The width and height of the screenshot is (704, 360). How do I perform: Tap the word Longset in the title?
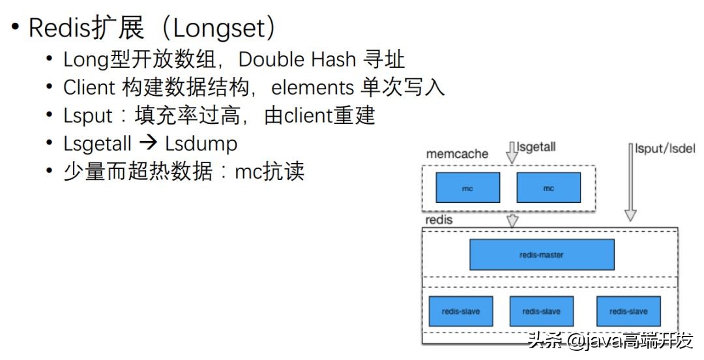coord(219,29)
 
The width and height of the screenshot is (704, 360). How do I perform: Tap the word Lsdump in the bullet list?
coord(201,143)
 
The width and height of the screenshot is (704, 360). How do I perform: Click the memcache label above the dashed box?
coord(457,154)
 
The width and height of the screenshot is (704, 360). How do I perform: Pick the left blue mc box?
coord(467,187)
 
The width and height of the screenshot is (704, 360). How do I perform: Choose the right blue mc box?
coord(548,187)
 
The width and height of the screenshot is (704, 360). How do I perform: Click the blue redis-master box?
coord(542,254)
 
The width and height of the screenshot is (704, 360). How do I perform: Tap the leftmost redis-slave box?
coord(461,311)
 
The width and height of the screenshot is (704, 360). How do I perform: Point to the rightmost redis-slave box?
coord(628,311)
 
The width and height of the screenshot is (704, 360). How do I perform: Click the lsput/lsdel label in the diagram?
coord(665,149)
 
